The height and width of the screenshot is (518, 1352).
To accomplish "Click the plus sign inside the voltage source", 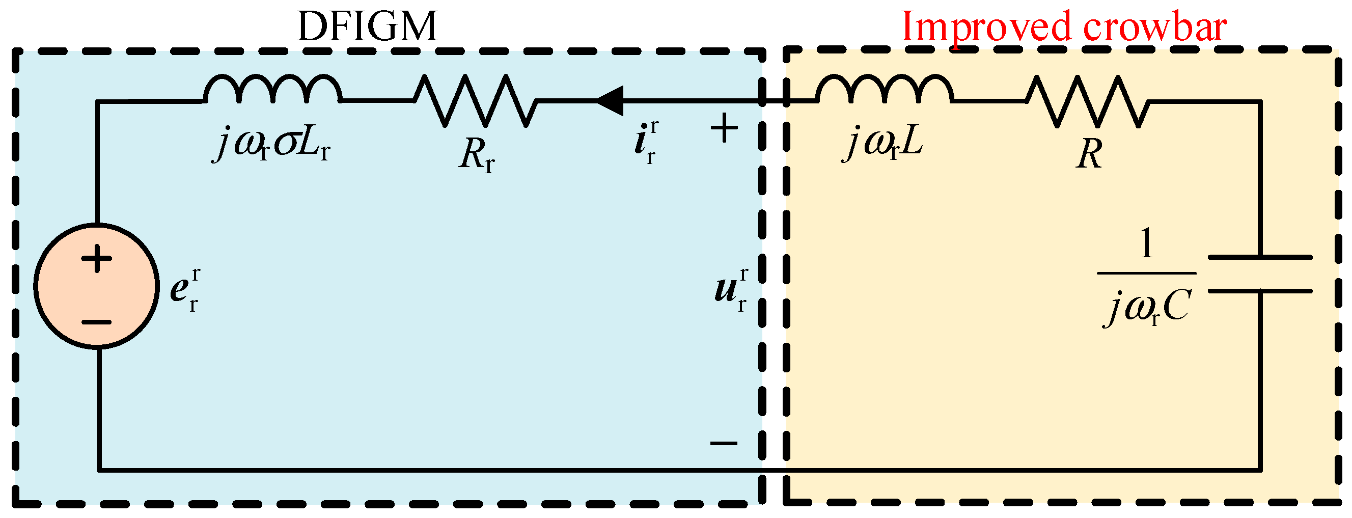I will (97, 258).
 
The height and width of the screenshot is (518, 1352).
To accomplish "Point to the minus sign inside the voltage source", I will (97, 322).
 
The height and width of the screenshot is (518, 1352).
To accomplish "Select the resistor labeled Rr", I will (476, 100).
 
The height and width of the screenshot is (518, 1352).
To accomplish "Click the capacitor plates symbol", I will (1260, 274).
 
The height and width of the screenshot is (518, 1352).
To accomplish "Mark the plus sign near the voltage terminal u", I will (724, 128).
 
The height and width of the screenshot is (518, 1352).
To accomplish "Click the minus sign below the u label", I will (724, 444).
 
